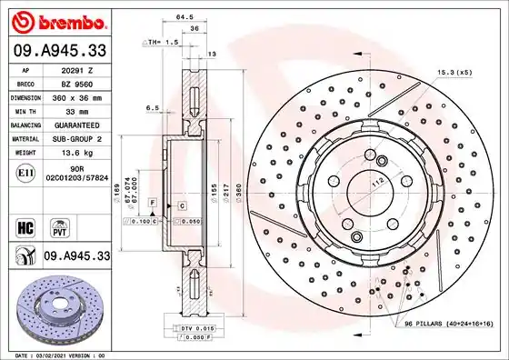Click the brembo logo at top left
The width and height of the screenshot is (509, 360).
coord(58,19)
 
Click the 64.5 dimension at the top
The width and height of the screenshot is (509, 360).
coord(185,17)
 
